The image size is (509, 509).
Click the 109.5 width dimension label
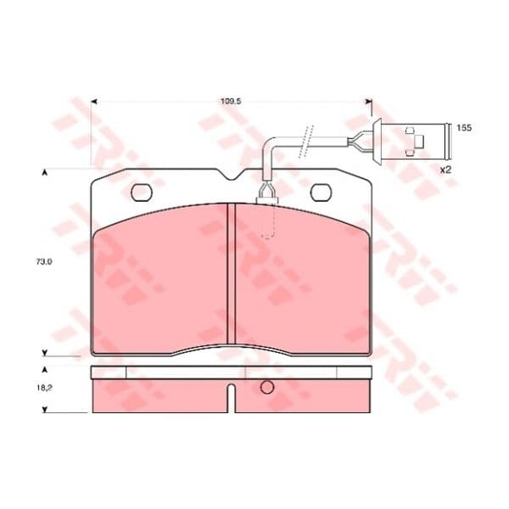(x=231, y=101)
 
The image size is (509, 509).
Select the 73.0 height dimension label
(x=44, y=261)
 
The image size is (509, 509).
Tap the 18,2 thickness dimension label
(x=44, y=388)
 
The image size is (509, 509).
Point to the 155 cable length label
(x=464, y=127)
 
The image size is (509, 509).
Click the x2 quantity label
(x=445, y=170)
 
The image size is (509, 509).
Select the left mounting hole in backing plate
(x=142, y=193)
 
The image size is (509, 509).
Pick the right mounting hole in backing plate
(x=321, y=193)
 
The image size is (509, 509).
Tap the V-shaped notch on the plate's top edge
(x=232, y=175)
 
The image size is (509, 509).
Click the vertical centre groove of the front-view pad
(x=231, y=273)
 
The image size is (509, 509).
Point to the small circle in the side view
(x=267, y=387)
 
